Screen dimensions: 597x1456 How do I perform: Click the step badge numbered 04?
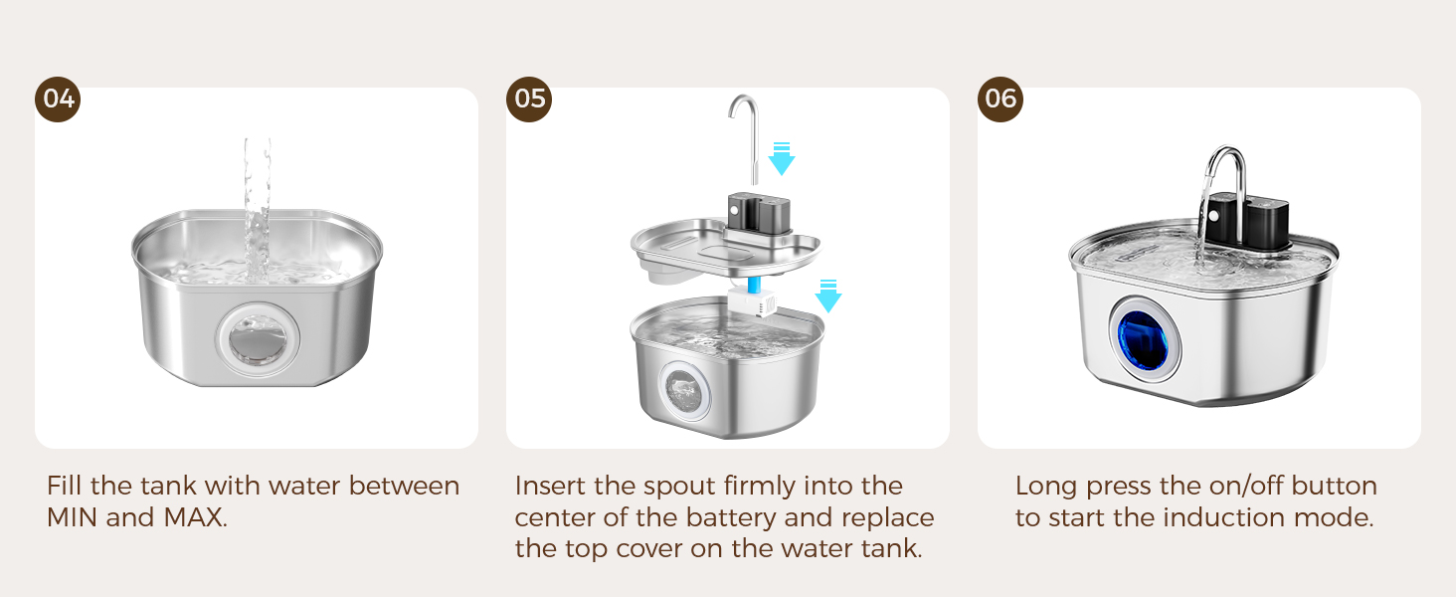(x=59, y=99)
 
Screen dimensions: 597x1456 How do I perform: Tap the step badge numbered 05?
(x=530, y=99)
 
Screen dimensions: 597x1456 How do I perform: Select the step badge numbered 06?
(x=1001, y=99)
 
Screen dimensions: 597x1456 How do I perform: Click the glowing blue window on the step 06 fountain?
(x=1146, y=338)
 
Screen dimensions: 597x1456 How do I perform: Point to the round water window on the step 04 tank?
(x=257, y=339)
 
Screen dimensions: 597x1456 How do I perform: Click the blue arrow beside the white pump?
(x=827, y=296)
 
